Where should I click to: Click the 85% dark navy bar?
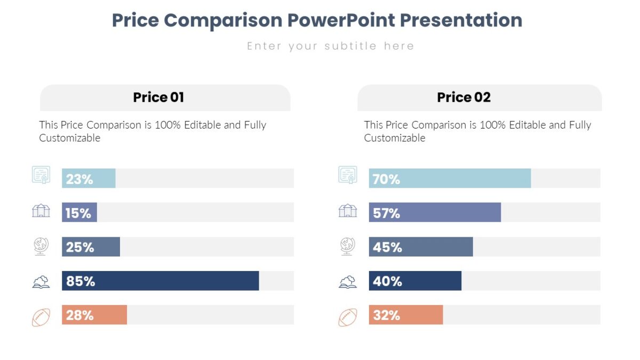tap(160, 281)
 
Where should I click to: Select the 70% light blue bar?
tap(450, 178)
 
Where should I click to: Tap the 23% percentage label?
tap(79, 179)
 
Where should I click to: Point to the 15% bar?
tap(79, 212)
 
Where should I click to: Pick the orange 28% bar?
tap(94, 315)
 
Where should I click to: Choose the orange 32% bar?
tap(405, 315)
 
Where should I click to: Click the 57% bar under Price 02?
tap(435, 212)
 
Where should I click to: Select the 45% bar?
tap(421, 246)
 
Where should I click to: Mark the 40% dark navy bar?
tap(415, 281)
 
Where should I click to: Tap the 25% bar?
tap(91, 246)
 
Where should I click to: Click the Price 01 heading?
tap(158, 98)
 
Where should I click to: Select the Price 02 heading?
tap(463, 98)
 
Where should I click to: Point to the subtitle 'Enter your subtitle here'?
tap(330, 46)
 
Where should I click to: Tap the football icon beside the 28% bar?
tap(41, 317)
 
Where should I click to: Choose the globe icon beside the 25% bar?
tap(41, 246)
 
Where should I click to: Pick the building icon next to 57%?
tap(348, 211)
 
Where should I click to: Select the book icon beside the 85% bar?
tap(41, 282)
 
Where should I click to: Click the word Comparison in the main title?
tap(222, 20)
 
